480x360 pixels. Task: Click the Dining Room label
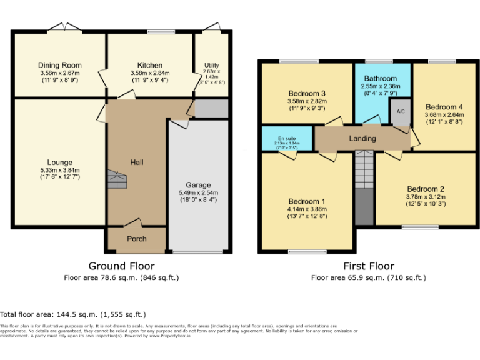tap(60, 65)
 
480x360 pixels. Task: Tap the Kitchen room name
tap(150, 65)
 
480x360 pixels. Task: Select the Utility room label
tap(212, 65)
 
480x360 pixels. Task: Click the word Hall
tap(137, 162)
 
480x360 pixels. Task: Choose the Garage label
tap(198, 185)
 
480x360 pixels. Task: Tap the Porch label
tap(137, 239)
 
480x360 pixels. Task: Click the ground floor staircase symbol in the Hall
tap(117, 180)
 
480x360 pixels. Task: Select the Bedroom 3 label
tap(306, 93)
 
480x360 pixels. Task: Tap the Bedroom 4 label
tap(444, 107)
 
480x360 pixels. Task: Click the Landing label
tap(362, 138)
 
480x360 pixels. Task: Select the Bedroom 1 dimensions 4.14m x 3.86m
tap(307, 209)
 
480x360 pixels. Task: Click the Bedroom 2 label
tap(426, 189)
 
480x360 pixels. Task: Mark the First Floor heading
tap(368, 266)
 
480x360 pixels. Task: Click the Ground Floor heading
tap(121, 266)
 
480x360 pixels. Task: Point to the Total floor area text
tap(73, 314)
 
